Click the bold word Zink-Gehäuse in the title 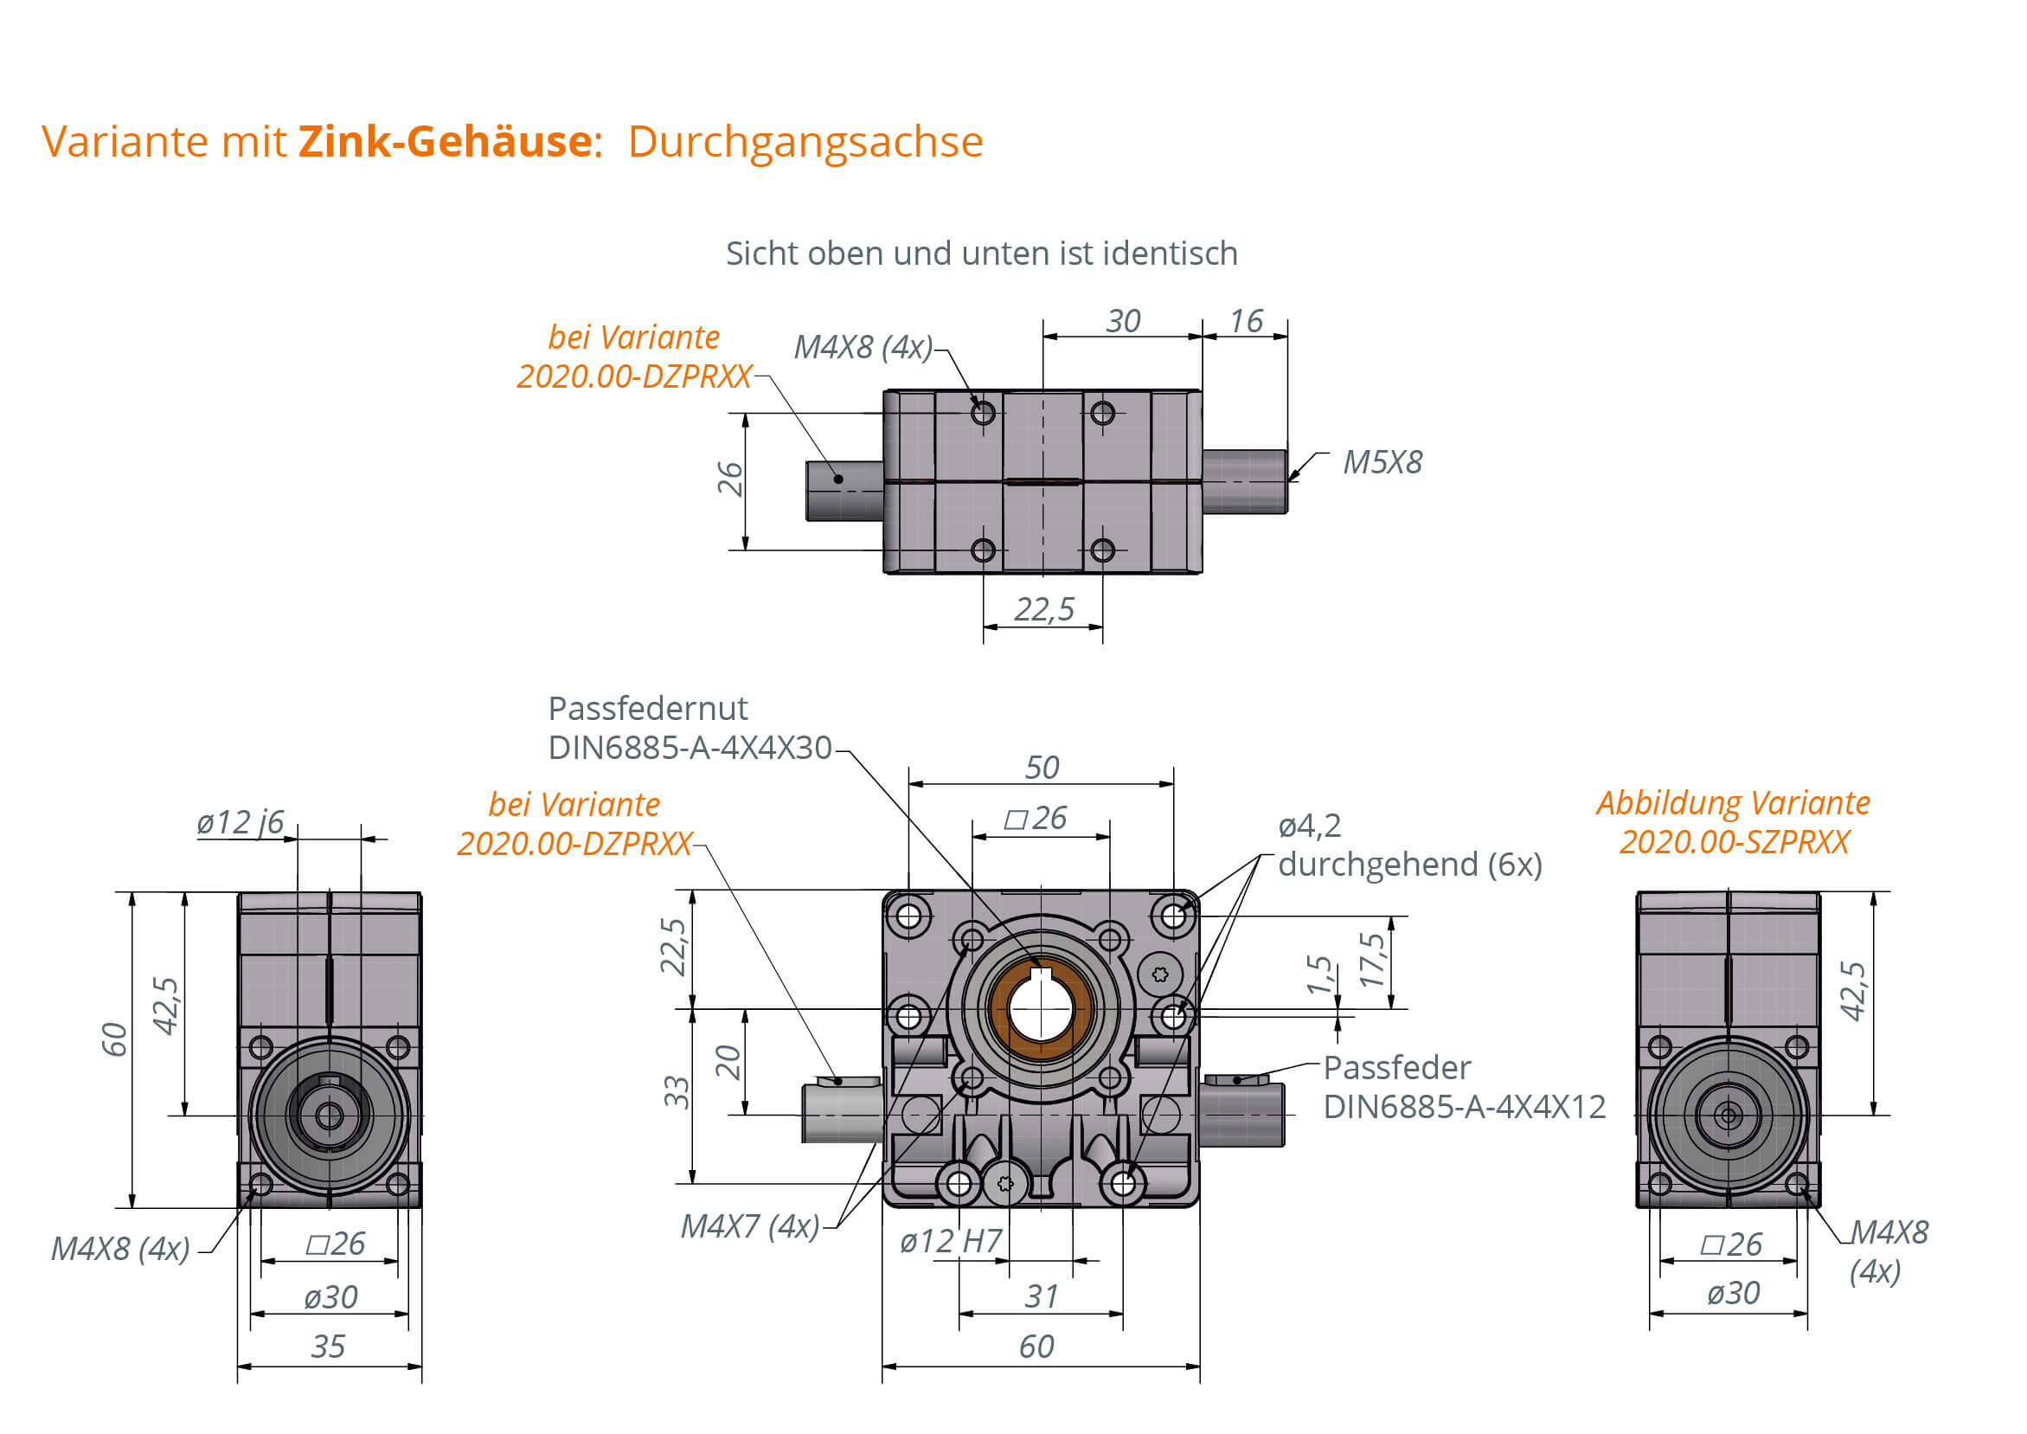coord(445,141)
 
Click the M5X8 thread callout coord(1382,462)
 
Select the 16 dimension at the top coord(1246,320)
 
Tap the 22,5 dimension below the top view coord(1043,608)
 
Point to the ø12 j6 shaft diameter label coord(241,822)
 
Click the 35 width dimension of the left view coord(328,1346)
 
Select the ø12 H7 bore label coord(950,1241)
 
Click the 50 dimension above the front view coord(1042,767)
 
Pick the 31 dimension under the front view coord(1041,1296)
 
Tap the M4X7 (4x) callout coord(749,1225)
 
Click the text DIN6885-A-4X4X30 coord(690,748)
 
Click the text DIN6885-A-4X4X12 coord(1464,1106)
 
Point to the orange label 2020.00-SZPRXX coord(1734,841)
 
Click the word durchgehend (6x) coord(1410,864)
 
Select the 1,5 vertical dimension coord(1319,973)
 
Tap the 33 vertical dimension coord(677,1092)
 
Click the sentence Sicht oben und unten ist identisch coord(982,254)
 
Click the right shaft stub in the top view coord(1244,481)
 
